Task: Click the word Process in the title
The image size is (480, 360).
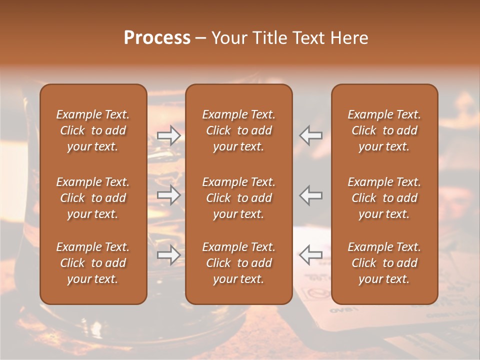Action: pyautogui.click(x=157, y=38)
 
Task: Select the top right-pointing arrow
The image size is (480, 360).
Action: pyautogui.click(x=168, y=135)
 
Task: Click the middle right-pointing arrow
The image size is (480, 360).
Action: pyautogui.click(x=168, y=195)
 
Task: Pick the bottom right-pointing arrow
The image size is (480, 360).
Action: pyautogui.click(x=168, y=255)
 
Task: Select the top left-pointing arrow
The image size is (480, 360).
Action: pyautogui.click(x=311, y=135)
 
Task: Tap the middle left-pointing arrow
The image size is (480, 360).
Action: pyautogui.click(x=311, y=195)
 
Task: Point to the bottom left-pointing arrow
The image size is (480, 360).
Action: pyautogui.click(x=311, y=255)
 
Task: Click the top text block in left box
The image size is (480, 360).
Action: pyautogui.click(x=93, y=130)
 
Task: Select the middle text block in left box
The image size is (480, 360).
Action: pyautogui.click(x=93, y=198)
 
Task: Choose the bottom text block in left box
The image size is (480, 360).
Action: pyautogui.click(x=93, y=263)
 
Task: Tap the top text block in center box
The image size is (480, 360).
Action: pyautogui.click(x=238, y=130)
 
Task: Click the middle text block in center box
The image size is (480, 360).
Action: pyautogui.click(x=238, y=198)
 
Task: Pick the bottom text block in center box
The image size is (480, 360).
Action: pyautogui.click(x=238, y=263)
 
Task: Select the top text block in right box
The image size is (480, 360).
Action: pyautogui.click(x=384, y=130)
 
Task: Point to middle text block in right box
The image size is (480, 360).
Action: pyautogui.click(x=384, y=198)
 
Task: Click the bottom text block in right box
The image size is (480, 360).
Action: pyautogui.click(x=384, y=263)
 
